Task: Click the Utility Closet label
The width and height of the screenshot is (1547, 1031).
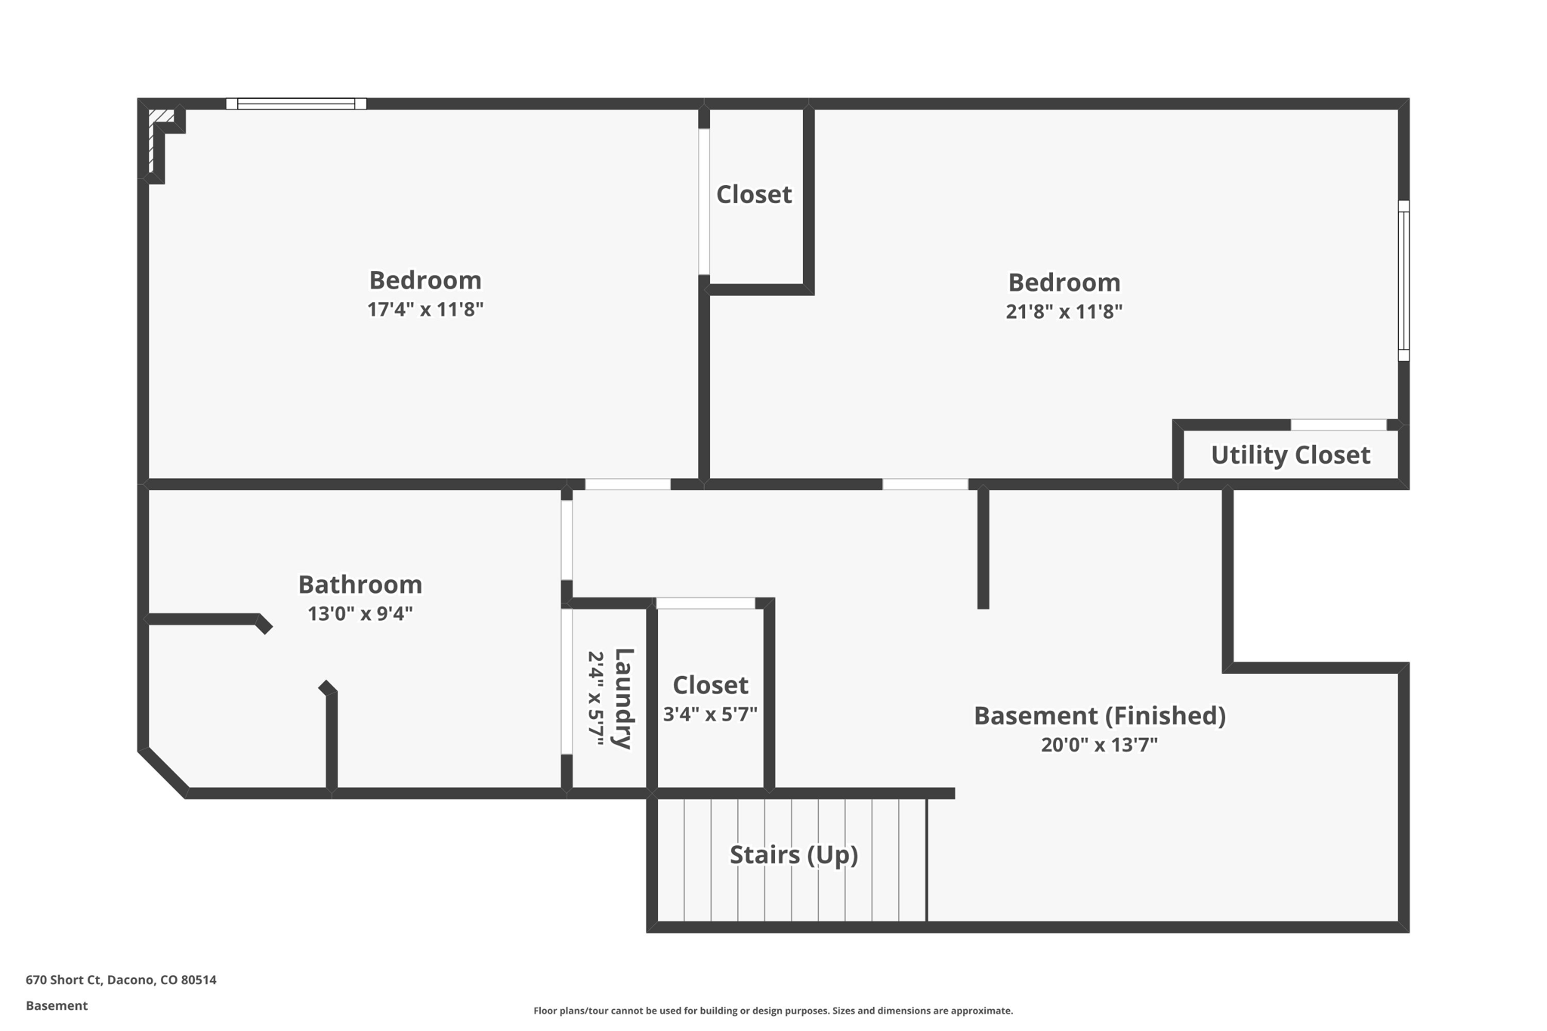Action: [x=1290, y=455]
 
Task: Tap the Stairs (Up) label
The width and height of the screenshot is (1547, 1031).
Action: [x=793, y=854]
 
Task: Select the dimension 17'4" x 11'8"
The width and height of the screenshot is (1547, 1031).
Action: [x=425, y=310]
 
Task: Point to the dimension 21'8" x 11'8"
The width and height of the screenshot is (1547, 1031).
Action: [x=1064, y=312]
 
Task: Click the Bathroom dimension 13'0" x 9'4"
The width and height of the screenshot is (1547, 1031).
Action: [x=360, y=613]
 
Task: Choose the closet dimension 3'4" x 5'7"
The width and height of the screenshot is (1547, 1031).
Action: [x=710, y=715]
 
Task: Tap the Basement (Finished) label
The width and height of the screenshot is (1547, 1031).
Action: [x=1099, y=715]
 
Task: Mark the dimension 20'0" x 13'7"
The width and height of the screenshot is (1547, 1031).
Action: [x=1099, y=745]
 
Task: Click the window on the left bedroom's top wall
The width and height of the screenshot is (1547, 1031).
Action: [x=296, y=103]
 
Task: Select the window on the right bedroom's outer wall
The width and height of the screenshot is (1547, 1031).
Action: [x=1403, y=280]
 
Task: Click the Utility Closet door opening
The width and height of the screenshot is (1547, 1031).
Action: [x=1339, y=425]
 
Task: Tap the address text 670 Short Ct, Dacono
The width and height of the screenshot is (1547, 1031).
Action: [x=121, y=980]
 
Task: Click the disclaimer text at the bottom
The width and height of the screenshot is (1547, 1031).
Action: [x=773, y=1011]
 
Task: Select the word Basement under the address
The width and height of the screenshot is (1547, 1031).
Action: [x=57, y=1005]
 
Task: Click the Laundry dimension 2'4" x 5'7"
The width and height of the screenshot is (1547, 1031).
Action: [x=595, y=698]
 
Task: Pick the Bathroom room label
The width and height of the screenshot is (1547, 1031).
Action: [x=360, y=585]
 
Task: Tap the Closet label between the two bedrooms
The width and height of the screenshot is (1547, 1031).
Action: [x=754, y=195]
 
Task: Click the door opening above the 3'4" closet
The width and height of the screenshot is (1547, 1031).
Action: [x=706, y=603]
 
